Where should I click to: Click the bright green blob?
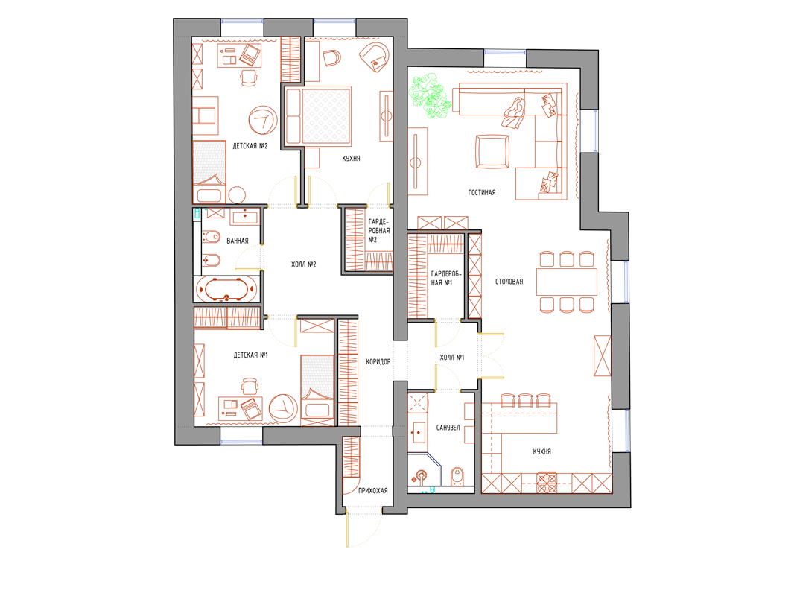[431, 98]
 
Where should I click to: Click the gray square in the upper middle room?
[325, 115]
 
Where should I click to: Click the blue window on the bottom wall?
[241, 439]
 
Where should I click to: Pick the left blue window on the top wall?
[243, 25]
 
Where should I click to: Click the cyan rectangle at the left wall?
[197, 214]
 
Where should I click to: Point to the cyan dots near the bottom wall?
[428, 490]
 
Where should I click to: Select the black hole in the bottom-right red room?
[545, 452]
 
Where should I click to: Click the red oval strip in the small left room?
[226, 289]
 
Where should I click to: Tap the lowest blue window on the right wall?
[624, 431]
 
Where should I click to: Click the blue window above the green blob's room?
[505, 55]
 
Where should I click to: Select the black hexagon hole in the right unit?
[509, 280]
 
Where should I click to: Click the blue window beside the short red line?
[592, 130]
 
